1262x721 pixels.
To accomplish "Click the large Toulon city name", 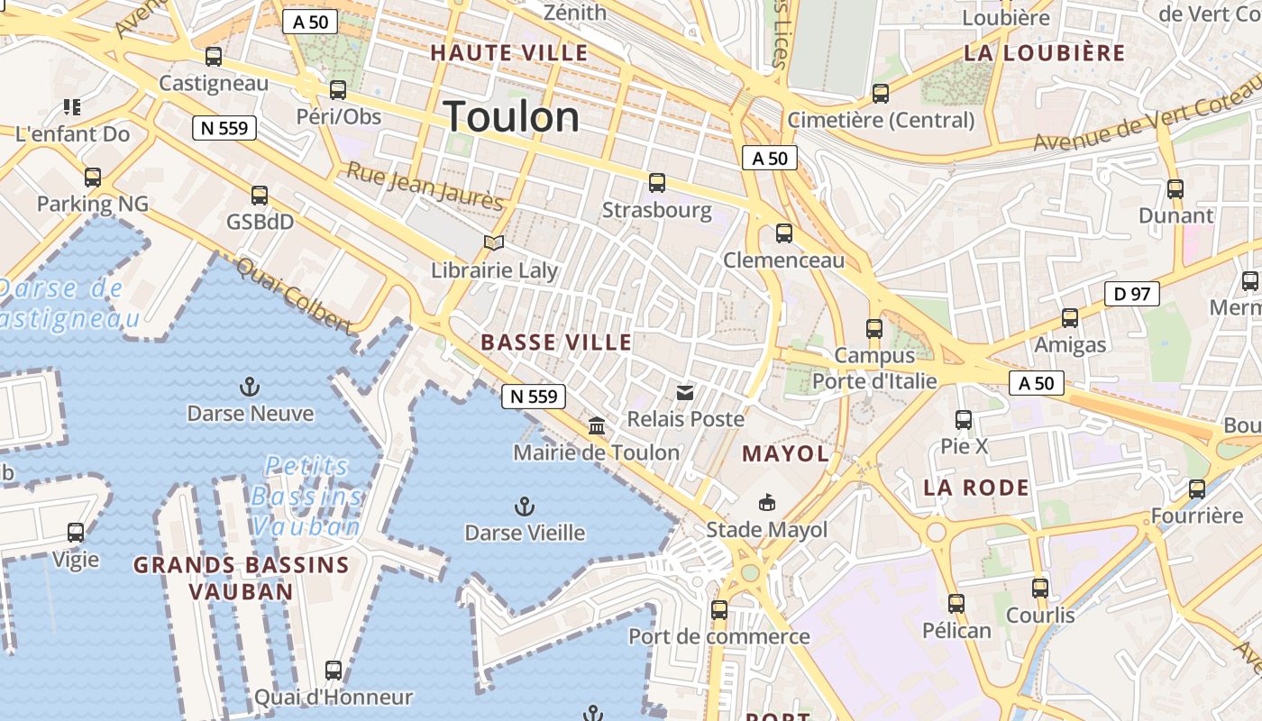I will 511,117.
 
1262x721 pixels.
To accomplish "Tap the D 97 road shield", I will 1131,294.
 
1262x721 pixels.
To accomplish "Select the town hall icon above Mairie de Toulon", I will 597,425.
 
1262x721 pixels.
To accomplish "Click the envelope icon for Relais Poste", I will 685,392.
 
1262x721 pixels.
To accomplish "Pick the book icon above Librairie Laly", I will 493,242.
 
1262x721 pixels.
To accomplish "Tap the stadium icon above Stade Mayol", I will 766,502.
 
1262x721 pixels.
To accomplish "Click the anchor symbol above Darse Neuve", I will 250,388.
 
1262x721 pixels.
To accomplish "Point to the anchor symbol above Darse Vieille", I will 524,506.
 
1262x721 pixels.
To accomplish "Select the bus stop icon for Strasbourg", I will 656,183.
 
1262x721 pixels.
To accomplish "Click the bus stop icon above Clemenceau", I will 784,233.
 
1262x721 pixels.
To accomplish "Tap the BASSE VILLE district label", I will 556,342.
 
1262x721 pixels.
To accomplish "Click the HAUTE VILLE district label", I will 509,53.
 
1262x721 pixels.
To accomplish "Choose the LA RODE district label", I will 976,488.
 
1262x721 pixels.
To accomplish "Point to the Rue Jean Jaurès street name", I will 424,186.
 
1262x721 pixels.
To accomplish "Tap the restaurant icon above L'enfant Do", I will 72,108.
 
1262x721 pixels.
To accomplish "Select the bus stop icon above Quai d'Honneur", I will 334,671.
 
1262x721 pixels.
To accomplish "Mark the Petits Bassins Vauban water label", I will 306,496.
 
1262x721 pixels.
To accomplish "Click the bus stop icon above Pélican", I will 956,604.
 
